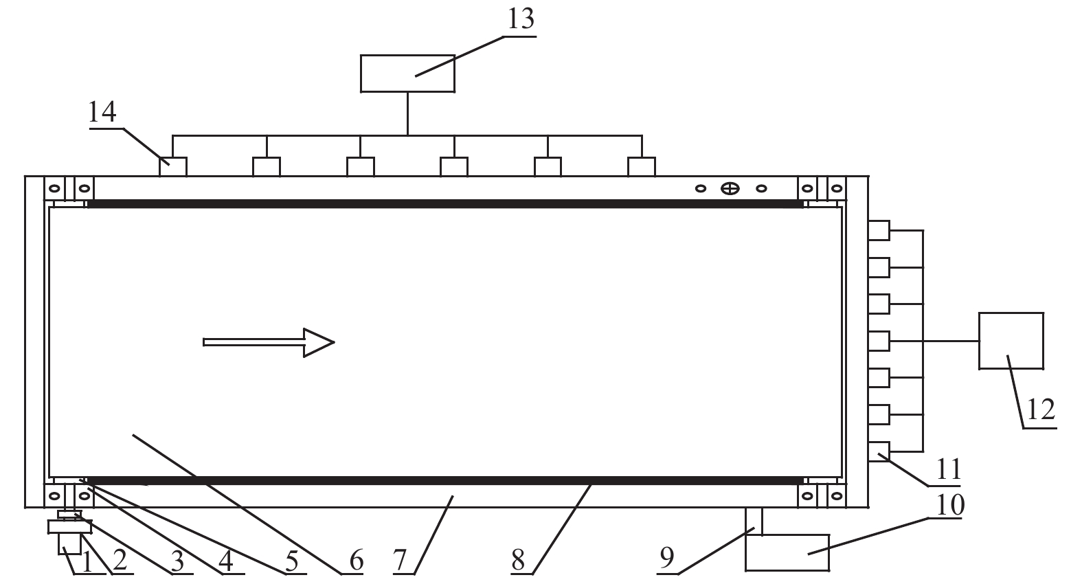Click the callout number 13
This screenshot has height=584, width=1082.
pos(520,19)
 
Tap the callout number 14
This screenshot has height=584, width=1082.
pos(102,111)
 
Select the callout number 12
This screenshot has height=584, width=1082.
pos(1040,410)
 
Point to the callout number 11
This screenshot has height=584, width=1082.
pos(947,470)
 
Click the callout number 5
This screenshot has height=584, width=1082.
pos(292,560)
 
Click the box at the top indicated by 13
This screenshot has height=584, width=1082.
pos(407,74)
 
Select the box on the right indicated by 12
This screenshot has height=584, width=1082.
pos(1011,341)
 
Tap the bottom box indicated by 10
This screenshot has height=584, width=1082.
pos(787,552)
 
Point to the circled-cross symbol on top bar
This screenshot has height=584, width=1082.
pos(730,188)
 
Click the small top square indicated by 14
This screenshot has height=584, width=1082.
pos(173,166)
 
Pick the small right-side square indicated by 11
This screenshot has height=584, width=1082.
pos(879,451)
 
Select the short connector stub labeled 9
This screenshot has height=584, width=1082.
pos(754,520)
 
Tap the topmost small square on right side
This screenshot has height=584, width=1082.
pos(879,230)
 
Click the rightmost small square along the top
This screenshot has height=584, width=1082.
pos(642,166)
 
